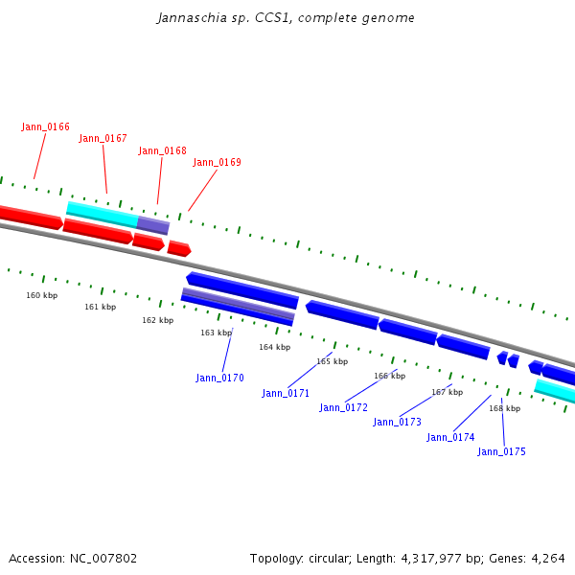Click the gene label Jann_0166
coord(45,126)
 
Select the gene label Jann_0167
coord(103,138)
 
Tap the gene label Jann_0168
coord(162,150)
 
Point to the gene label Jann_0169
coord(217,162)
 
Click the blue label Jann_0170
coord(219,378)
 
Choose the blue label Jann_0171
coord(286,393)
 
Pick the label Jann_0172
coord(343,407)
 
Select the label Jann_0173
coord(397,422)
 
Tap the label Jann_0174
coord(450,437)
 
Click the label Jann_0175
coord(501,451)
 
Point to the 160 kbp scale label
coord(41,295)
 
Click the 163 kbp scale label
coord(216,333)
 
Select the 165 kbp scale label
coord(332,361)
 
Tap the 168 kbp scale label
coord(504,408)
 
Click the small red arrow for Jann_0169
coord(178,249)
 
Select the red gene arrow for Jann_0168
coord(148,241)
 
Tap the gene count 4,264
coord(547,558)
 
